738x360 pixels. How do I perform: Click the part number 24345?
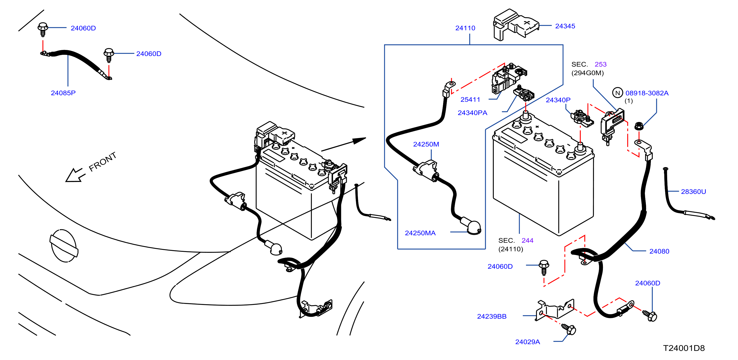point(565,26)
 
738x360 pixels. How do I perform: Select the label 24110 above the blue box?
point(465,28)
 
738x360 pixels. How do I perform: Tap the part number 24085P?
point(63,93)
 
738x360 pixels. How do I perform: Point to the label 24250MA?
point(420,233)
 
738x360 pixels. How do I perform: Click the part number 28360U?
point(693,191)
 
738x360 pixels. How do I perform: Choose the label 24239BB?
point(492,316)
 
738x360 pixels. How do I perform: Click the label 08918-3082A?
point(647,93)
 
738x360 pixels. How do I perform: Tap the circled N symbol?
point(617,93)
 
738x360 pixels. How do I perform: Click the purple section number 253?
point(600,64)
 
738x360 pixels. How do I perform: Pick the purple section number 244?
point(527,240)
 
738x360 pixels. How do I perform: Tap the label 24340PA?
point(472,113)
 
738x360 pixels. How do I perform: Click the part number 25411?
point(470,99)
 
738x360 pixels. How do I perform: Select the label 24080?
point(659,251)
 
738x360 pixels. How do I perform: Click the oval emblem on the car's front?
point(64,246)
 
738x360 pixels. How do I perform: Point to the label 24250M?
point(426,144)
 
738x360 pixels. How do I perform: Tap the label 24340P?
point(558,100)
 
